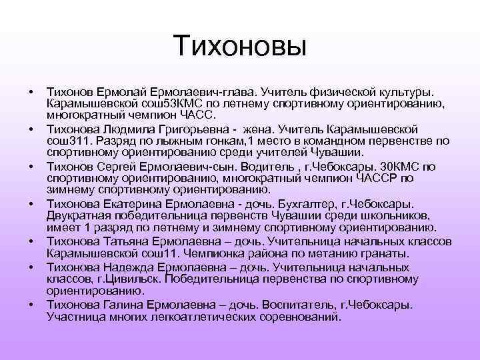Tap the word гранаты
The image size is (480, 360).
pos(406,253)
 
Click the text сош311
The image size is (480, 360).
pos(70,141)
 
